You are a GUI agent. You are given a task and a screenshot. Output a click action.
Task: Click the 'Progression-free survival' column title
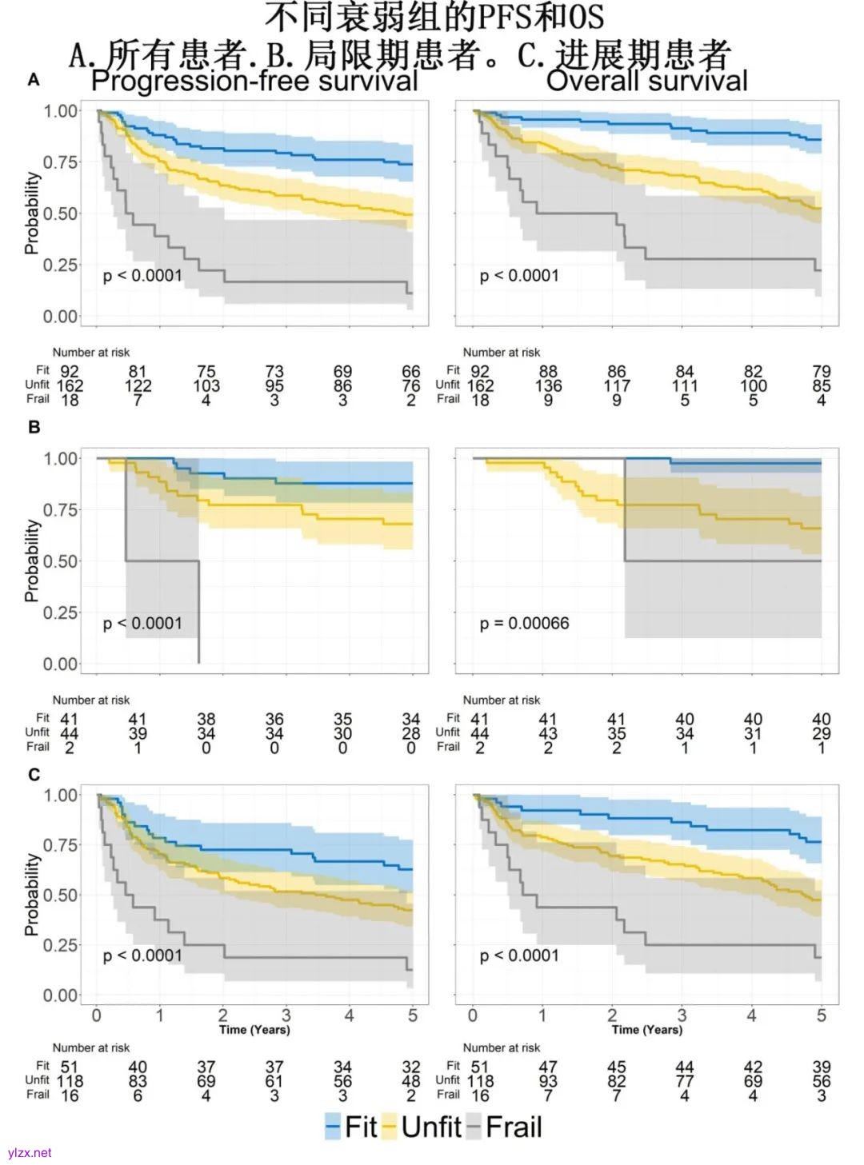click(x=254, y=82)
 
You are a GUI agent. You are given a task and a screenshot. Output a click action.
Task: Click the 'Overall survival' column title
click(x=646, y=82)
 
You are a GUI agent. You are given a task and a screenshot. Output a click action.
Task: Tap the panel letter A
click(x=34, y=80)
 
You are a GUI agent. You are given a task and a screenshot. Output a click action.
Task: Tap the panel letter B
click(x=34, y=427)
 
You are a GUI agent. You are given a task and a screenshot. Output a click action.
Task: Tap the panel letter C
click(x=34, y=774)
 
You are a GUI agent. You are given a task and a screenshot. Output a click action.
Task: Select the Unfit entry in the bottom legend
click(x=422, y=1127)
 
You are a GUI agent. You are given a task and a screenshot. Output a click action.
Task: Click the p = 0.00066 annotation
click(x=524, y=623)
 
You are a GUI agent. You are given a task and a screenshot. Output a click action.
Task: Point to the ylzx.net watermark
click(x=30, y=1152)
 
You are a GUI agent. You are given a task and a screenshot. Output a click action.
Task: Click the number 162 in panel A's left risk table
click(x=70, y=385)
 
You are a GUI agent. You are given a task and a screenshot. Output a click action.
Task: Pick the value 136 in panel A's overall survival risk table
click(x=548, y=385)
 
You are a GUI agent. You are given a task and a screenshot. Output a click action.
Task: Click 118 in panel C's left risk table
click(x=70, y=1081)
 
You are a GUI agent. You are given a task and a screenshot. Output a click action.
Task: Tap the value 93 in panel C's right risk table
click(x=548, y=1081)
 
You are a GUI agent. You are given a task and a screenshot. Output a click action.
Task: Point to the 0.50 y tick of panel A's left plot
click(x=61, y=213)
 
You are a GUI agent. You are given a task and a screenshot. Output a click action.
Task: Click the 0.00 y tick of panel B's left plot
click(x=61, y=664)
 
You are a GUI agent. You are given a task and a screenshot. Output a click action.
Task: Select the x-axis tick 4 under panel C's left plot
click(x=349, y=1015)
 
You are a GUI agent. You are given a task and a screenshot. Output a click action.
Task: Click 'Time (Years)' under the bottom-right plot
click(x=646, y=1030)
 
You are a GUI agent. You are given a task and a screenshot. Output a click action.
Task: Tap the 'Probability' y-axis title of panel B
click(x=31, y=561)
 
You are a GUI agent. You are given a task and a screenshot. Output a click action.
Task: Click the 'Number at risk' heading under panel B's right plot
click(x=502, y=700)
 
